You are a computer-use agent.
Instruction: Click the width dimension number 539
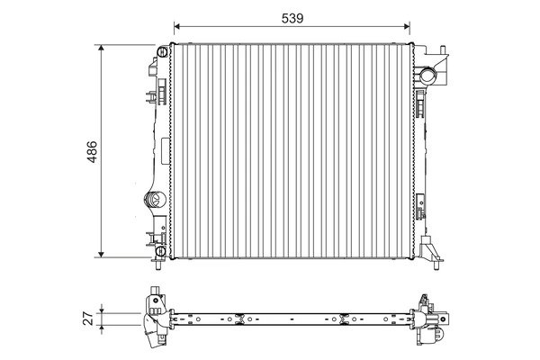click(291, 17)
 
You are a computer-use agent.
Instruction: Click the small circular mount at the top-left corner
click(162, 49)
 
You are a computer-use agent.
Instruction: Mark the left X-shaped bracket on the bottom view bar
click(238, 317)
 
